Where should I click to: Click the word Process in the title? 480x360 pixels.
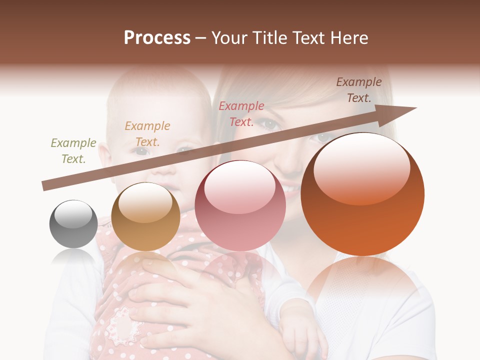coord(157,38)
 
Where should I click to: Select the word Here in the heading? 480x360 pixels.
coord(349,38)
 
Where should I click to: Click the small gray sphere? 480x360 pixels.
coord(73,224)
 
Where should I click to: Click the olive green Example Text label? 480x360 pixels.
coord(73,150)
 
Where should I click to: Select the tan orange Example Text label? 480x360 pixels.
coord(147,133)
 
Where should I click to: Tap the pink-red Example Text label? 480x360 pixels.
coord(241,113)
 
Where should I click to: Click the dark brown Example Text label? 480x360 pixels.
coord(358,89)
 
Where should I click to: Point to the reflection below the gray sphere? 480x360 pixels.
coord(73,257)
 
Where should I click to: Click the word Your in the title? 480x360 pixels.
coord(230,38)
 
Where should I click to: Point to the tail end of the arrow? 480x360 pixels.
coord(44,186)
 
